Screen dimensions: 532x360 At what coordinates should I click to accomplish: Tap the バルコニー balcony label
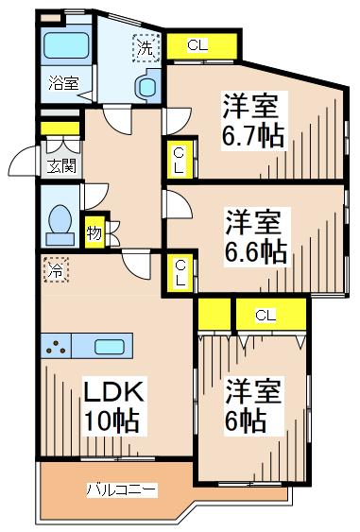pyautogui.click(x=122, y=489)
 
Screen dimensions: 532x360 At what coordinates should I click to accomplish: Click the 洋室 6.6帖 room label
pyautogui.click(x=256, y=236)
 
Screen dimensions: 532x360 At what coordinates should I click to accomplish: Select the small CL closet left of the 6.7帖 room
pyautogui.click(x=179, y=159)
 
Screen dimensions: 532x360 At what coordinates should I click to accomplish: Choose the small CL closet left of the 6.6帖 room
pyautogui.click(x=179, y=273)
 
